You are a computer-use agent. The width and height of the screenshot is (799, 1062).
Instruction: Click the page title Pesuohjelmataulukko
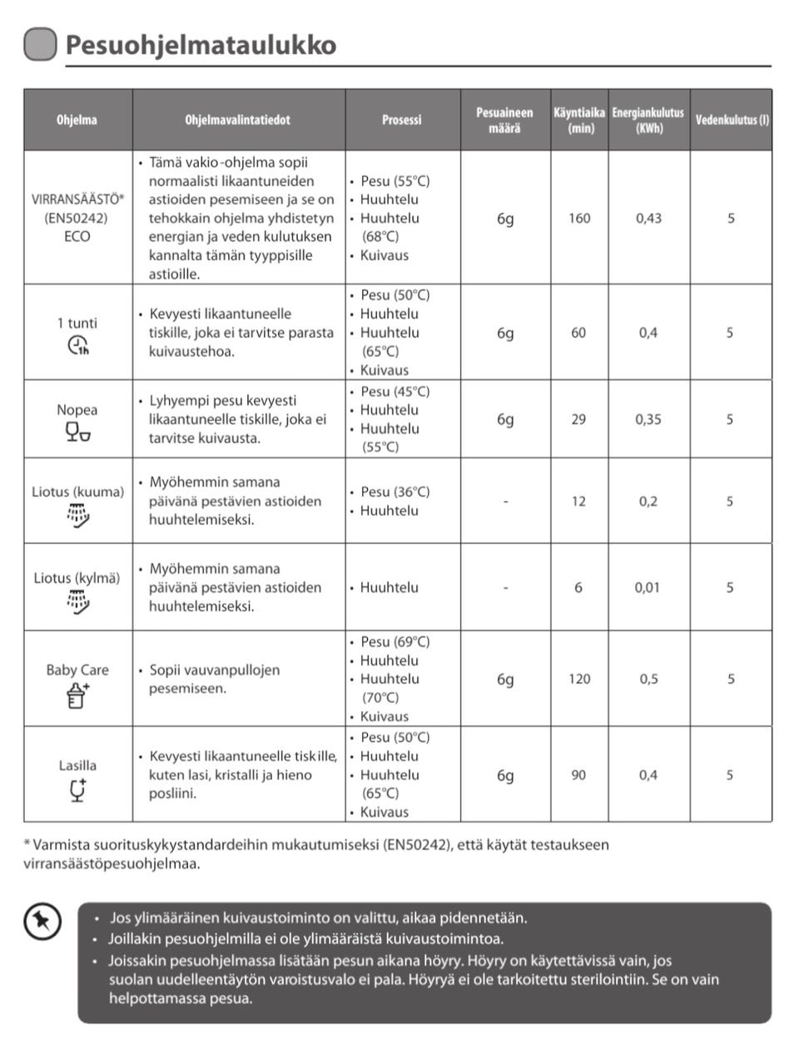click(x=201, y=44)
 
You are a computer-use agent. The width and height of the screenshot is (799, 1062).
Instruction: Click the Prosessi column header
click(x=402, y=120)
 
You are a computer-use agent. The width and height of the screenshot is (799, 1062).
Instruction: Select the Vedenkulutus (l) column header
click(x=732, y=120)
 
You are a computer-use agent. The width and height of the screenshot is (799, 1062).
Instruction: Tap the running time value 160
click(x=579, y=218)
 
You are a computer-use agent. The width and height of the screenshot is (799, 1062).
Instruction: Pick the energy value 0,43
click(x=648, y=218)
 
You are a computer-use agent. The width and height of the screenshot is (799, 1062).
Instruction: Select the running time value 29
click(x=578, y=419)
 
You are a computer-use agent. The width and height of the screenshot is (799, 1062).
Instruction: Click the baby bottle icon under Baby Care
click(x=77, y=694)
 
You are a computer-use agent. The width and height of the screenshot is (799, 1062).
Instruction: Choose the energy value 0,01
click(x=648, y=587)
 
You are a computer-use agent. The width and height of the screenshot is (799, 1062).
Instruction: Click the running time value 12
click(x=578, y=501)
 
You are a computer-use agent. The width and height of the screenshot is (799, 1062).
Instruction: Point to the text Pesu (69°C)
click(x=395, y=641)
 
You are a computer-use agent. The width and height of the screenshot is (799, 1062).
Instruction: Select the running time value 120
click(x=579, y=679)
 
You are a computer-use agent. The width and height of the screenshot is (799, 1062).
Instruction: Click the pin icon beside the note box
click(x=42, y=921)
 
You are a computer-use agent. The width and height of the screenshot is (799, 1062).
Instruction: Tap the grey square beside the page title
click(x=40, y=44)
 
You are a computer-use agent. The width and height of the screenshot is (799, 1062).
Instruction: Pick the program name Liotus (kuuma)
click(x=77, y=491)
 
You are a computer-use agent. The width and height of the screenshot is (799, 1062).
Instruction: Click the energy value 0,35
click(x=648, y=419)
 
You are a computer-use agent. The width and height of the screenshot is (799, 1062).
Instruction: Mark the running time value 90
click(x=578, y=775)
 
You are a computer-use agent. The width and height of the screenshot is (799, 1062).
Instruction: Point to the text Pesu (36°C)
click(x=395, y=491)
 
